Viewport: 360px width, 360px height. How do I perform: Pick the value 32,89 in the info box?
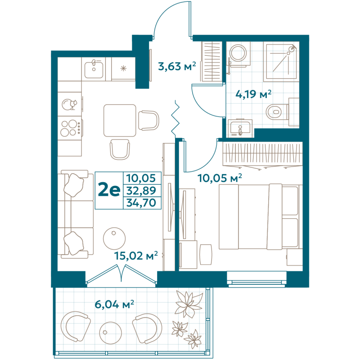141,190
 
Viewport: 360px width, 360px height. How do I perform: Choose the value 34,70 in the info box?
141,202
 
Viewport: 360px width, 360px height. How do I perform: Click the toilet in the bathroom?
276,110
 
